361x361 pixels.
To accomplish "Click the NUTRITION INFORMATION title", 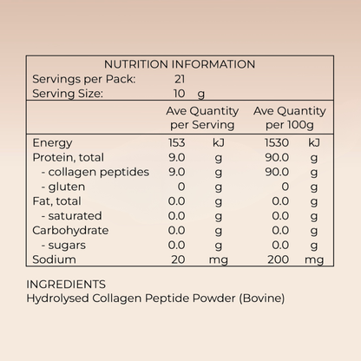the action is click(180, 64).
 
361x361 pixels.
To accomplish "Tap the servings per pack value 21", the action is click(180, 79).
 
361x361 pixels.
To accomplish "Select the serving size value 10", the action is click(180, 94).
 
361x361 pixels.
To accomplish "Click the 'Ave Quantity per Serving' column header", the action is click(202, 118).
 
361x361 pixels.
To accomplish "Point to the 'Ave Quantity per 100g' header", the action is click(290, 118).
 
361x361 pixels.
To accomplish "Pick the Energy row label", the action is click(52, 143).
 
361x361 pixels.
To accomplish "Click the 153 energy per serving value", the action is click(177, 142).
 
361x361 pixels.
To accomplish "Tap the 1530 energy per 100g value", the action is click(277, 142).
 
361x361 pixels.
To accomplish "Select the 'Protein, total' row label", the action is click(68, 157).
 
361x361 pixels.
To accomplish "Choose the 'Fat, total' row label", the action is click(56, 201).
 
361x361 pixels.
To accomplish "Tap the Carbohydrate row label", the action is click(70, 231).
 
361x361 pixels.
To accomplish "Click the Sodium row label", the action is click(54, 259).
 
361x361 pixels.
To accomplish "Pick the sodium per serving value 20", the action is click(178, 259).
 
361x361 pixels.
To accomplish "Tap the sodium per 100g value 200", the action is click(279, 259).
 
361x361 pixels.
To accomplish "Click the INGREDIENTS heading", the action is click(66, 285).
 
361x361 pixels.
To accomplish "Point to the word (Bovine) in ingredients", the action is click(262, 299).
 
